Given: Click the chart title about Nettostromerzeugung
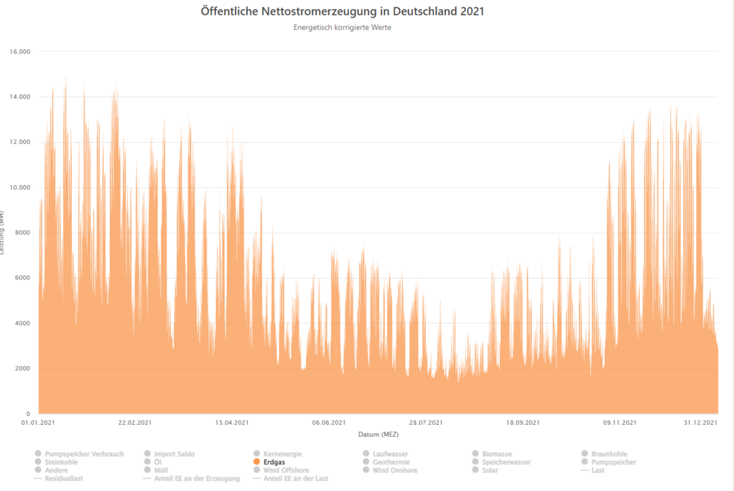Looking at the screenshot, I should (342, 12).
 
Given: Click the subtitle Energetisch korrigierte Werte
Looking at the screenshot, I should (342, 28).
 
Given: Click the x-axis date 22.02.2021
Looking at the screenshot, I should (135, 423).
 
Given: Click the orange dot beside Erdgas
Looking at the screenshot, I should (257, 462).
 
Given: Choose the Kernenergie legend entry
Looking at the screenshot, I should (283, 454).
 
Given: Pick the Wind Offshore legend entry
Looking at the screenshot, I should (286, 470).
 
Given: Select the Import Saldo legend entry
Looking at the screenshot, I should (175, 454).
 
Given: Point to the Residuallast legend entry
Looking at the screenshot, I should (62, 479).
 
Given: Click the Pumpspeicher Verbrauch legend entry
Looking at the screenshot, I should (84, 454).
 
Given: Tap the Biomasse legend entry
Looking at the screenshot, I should (497, 454).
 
